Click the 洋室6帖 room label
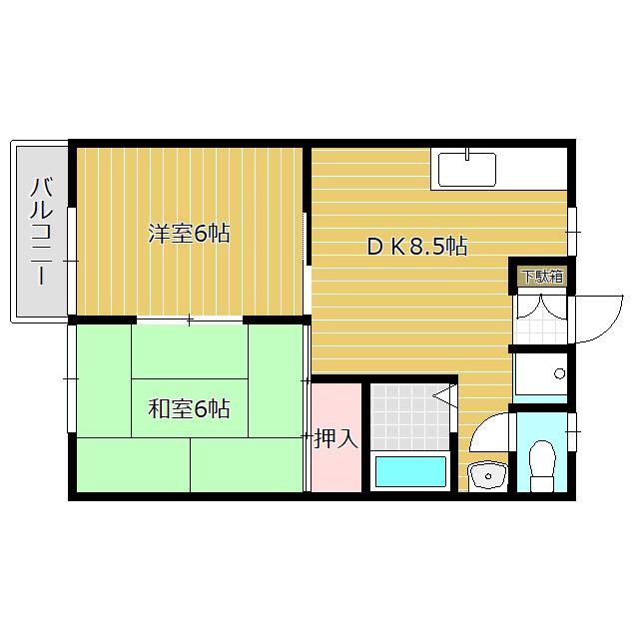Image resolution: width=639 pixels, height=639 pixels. point(189,234)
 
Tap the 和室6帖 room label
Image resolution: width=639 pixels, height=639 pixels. point(189,408)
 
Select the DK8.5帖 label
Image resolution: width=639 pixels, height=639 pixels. point(417,246)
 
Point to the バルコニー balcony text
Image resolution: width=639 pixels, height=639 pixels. point(42,231)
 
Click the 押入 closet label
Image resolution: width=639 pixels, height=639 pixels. point(336,439)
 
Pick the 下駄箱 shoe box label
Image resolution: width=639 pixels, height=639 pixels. point(542,277)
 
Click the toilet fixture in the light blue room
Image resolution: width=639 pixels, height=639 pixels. point(542,465)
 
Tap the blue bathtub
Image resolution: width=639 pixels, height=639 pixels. point(410,471)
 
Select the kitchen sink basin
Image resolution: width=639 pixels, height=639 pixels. point(467,170)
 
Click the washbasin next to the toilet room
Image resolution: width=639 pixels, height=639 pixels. point(487,476)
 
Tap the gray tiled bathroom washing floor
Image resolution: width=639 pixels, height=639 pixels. point(410,416)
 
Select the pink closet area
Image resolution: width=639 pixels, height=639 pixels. point(336,438)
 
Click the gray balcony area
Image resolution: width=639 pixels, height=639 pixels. point(42,231)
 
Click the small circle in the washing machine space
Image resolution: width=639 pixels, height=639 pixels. point(560,372)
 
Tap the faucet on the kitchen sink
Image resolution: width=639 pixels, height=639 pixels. point(468,154)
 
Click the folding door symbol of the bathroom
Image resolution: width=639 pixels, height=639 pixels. point(445,395)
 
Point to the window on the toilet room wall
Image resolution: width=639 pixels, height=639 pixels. point(572,431)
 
